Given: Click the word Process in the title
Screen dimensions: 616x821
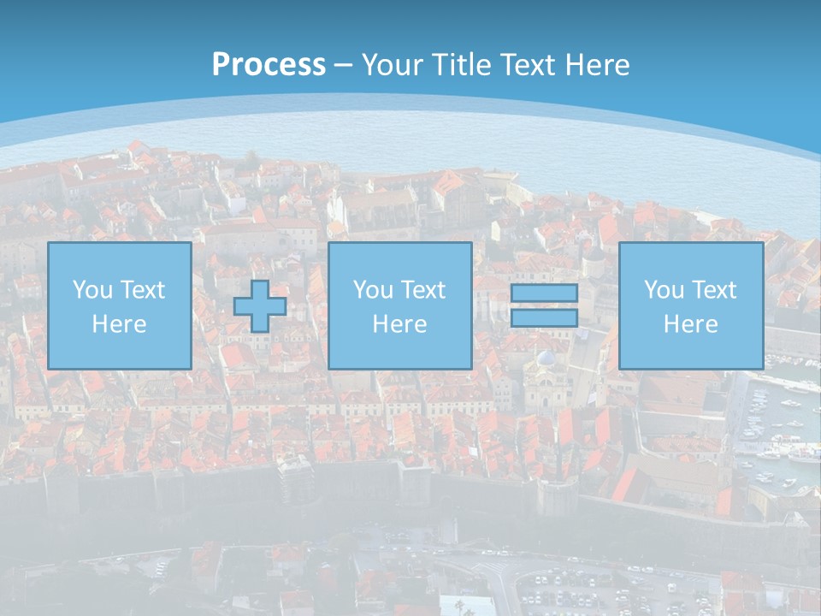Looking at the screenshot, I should (x=269, y=65).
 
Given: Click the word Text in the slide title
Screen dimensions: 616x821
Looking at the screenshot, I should (x=529, y=65).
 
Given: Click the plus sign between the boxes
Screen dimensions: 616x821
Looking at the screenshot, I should (x=260, y=306).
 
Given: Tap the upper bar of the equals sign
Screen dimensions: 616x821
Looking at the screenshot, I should (x=544, y=293).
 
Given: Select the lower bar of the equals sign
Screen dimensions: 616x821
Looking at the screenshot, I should (x=544, y=318).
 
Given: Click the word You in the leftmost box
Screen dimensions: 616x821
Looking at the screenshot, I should (x=92, y=290).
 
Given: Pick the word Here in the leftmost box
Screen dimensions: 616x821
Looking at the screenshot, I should (x=119, y=324).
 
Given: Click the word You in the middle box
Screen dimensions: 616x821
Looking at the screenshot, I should (x=372, y=290).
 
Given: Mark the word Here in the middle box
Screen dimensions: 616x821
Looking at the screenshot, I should (x=399, y=324).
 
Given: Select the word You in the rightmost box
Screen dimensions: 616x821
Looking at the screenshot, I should (x=664, y=290).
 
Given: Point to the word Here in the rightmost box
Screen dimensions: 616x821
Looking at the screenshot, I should (x=690, y=324).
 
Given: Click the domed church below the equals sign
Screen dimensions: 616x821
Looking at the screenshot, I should (x=544, y=376).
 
